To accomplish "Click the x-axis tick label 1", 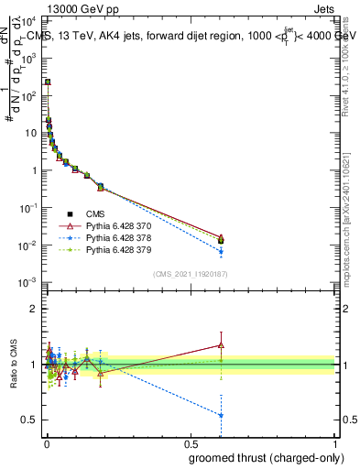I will [x=336, y=443].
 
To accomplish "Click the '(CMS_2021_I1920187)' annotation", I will [x=190, y=273].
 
